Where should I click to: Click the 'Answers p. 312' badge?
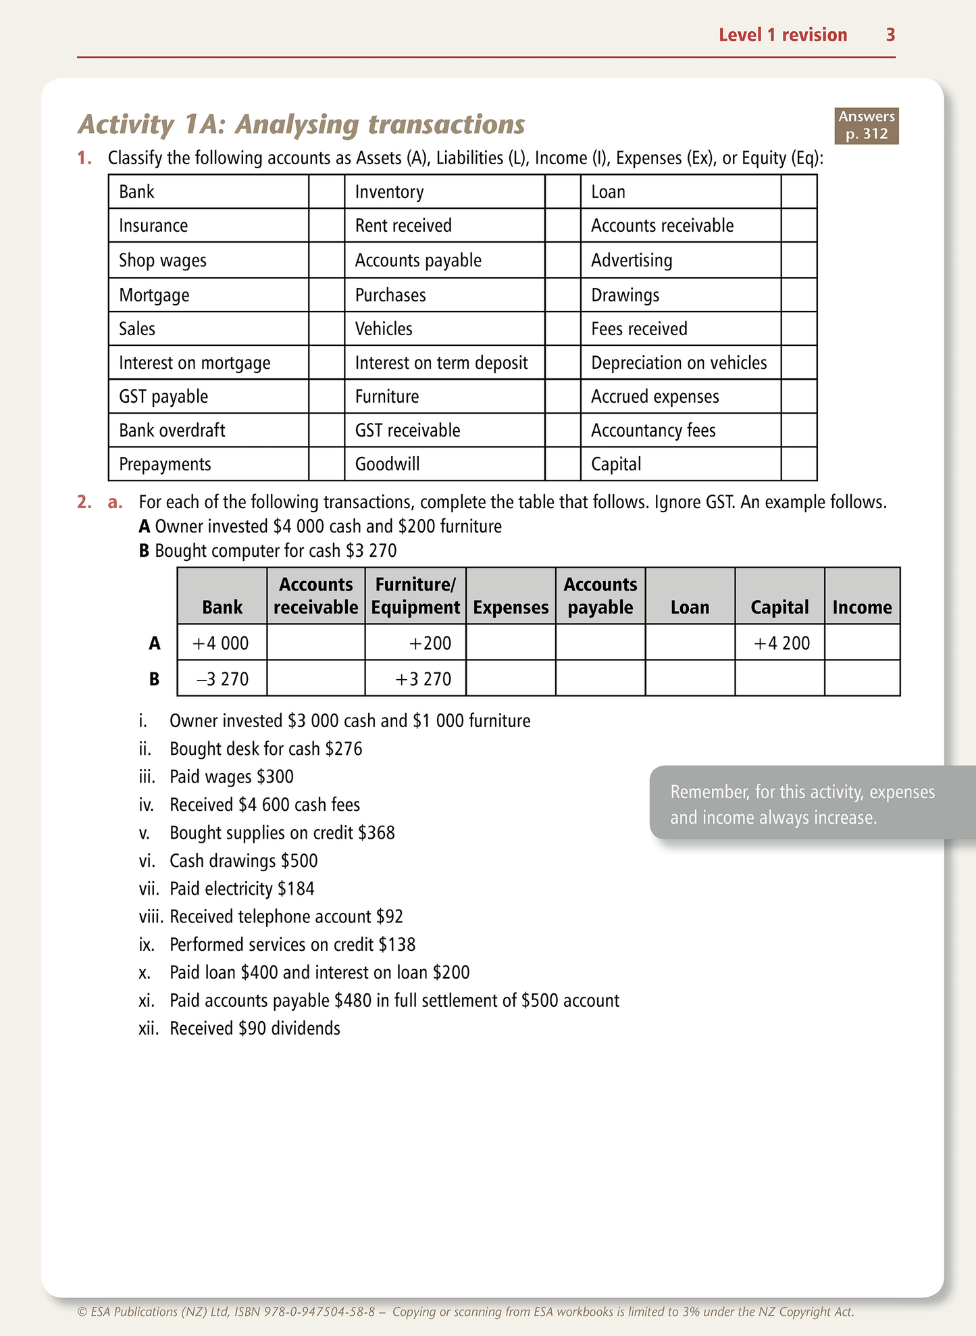click(867, 126)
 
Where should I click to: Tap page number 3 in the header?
click(890, 35)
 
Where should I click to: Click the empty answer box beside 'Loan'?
click(798, 192)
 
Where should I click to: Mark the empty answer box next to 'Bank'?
click(326, 192)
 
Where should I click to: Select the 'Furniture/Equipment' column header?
click(415, 596)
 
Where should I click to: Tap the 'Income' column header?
click(862, 608)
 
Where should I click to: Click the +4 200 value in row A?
click(781, 643)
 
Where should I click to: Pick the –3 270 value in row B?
click(222, 679)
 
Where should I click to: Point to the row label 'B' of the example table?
click(155, 679)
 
